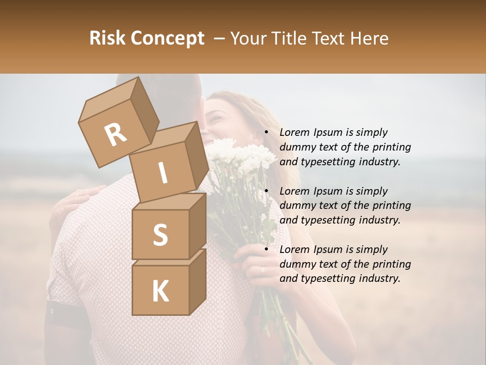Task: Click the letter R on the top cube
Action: [x=115, y=134]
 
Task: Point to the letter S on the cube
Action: [x=160, y=235]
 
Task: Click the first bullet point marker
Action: [x=266, y=132]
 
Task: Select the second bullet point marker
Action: [x=266, y=191]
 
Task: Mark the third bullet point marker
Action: [x=266, y=249]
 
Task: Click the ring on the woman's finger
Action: [x=262, y=270]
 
